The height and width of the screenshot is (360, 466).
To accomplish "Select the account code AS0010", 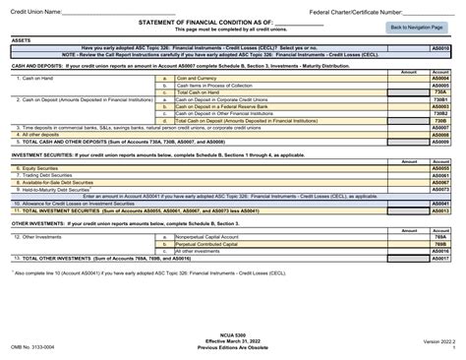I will coord(440,47).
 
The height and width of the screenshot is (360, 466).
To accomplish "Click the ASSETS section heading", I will coord(22,39).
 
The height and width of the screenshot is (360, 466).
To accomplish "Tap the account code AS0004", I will coord(440,79).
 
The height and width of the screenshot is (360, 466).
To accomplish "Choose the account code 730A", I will coord(440,92).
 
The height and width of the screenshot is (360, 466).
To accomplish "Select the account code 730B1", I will coord(440,99).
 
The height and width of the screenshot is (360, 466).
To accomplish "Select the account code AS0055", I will coord(440,168).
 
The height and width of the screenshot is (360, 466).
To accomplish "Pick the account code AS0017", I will coord(440,258).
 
